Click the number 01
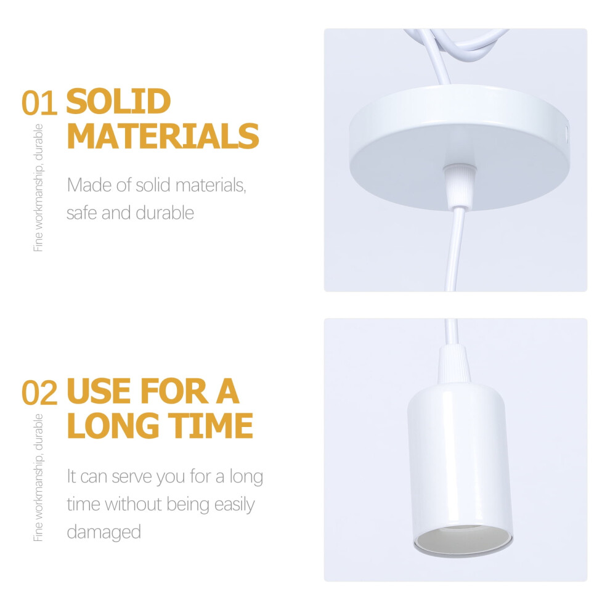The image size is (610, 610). click(x=39, y=103)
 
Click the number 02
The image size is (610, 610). click(x=39, y=392)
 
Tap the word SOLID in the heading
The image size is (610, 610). click(x=118, y=101)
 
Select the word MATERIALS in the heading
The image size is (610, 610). click(x=163, y=136)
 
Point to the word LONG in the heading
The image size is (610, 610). click(x=113, y=425)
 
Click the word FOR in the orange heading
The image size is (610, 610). click(x=174, y=391)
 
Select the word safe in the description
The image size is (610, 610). click(x=81, y=213)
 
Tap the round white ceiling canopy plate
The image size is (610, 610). click(x=460, y=147)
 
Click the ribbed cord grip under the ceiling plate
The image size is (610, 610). click(x=460, y=186)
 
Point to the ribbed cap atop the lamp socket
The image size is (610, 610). click(x=453, y=364)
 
